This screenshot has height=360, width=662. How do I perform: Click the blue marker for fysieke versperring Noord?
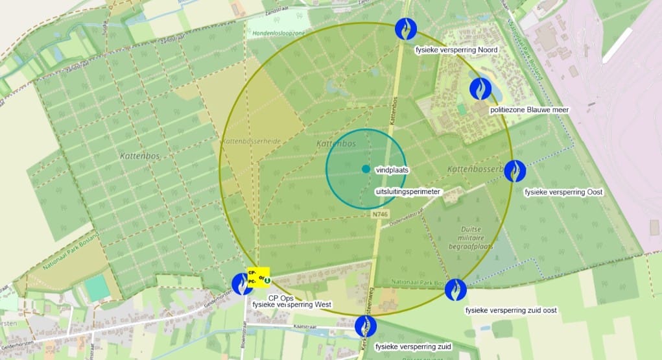coord(406,29)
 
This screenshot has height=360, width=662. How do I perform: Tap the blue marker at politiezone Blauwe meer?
coord(480,88)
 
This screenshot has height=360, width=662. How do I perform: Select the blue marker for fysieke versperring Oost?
coord(515,171)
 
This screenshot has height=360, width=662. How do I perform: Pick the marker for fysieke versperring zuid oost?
coord(456,289)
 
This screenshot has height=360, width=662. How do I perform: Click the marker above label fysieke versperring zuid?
coord(366,326)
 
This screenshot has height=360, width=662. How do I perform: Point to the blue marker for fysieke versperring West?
coord(242,283)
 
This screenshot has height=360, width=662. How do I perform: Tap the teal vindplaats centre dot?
coord(366,169)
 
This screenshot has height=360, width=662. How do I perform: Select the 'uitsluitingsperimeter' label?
coord(408,192)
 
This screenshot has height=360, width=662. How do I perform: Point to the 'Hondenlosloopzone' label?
coord(279,32)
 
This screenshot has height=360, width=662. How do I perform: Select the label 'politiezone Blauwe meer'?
coord(529,110)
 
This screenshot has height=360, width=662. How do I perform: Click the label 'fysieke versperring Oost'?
coord(563,192)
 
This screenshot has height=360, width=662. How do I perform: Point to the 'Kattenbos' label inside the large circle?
coord(334,142)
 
